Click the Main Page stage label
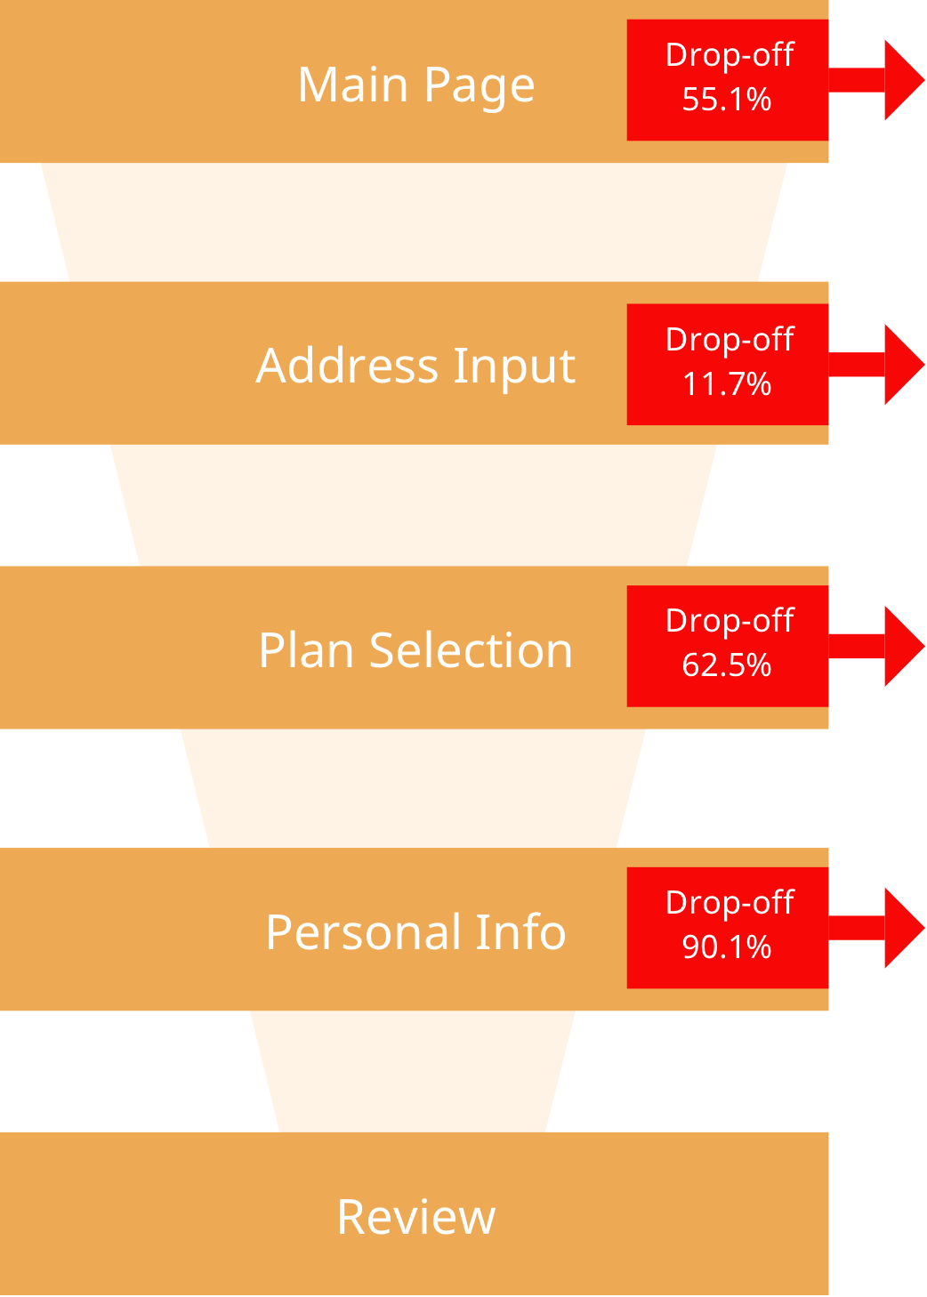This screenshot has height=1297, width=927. (415, 85)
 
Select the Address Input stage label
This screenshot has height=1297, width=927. (415, 366)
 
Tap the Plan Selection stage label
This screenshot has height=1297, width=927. (415, 650)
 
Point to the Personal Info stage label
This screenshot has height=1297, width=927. (415, 932)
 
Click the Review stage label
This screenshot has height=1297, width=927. (415, 1217)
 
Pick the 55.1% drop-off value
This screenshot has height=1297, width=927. (727, 100)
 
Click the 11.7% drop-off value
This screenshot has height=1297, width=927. (727, 384)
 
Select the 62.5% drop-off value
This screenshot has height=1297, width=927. (727, 665)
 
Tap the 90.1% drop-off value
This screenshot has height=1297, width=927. (727, 947)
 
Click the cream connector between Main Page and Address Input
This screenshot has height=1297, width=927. (414, 222)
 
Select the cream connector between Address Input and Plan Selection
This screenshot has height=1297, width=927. (414, 505)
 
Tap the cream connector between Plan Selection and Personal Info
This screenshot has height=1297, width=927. (414, 788)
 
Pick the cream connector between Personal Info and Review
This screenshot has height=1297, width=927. (414, 1071)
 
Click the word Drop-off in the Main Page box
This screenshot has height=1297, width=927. (730, 55)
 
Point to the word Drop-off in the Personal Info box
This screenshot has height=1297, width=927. (730, 903)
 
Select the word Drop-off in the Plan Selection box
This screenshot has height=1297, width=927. (730, 621)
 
